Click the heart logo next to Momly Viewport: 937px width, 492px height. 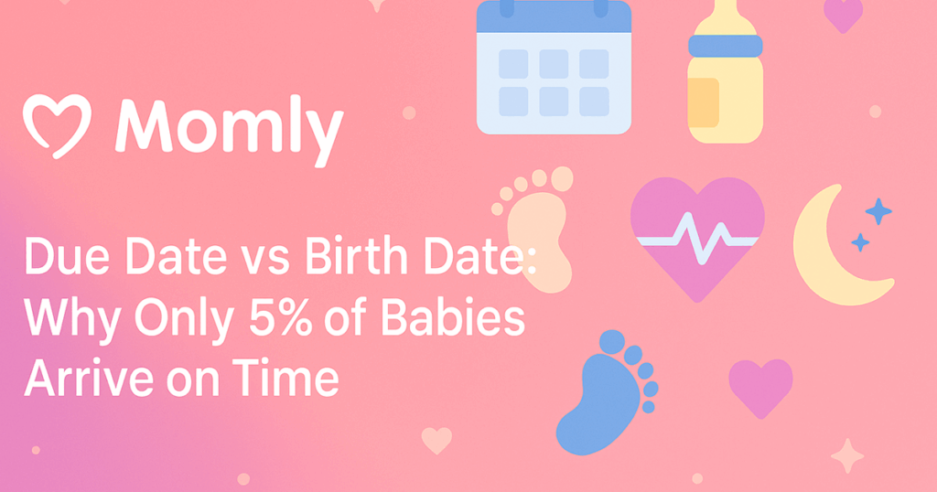click(57, 125)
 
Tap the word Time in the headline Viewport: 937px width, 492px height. click(292, 377)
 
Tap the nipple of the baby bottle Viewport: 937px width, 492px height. click(725, 11)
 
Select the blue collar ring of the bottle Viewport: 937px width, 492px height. click(726, 44)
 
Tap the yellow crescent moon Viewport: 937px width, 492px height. click(828, 251)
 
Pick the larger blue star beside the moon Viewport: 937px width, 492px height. click(878, 211)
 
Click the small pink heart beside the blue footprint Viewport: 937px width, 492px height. click(759, 385)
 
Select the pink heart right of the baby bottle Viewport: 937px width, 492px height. click(843, 14)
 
